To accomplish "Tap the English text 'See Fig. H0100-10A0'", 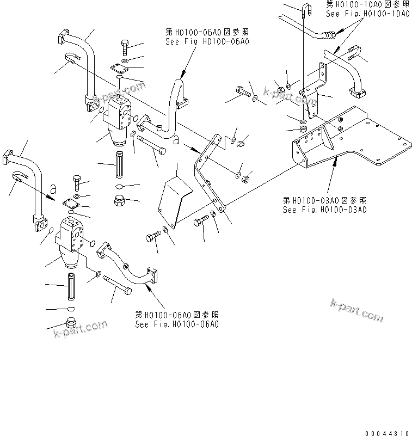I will coord(367,13).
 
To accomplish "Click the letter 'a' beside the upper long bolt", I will coord(177,140).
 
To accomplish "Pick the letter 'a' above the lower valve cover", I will coord(53,188).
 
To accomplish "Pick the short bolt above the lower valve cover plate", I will coord(75,181).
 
